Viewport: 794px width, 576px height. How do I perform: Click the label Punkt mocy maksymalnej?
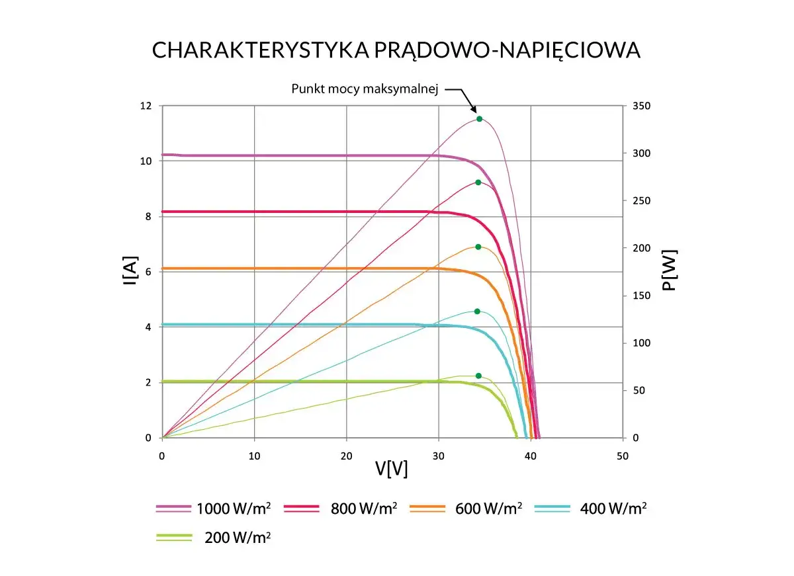(365, 89)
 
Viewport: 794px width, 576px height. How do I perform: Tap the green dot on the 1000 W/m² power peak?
(479, 119)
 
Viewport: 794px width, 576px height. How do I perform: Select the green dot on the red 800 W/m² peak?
(478, 182)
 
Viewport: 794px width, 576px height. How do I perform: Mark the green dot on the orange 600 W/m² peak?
(478, 247)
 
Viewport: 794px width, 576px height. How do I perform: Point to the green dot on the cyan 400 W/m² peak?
(477, 311)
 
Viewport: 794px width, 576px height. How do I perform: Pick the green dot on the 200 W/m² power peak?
(478, 376)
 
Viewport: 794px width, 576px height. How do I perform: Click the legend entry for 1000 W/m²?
(231, 509)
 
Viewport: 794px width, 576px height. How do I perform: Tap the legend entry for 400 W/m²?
(613, 509)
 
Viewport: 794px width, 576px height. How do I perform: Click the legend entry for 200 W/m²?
(238, 538)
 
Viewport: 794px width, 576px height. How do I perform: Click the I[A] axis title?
(130, 272)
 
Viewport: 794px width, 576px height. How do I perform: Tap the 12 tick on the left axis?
(146, 106)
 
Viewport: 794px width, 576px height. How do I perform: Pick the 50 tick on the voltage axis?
(622, 456)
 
